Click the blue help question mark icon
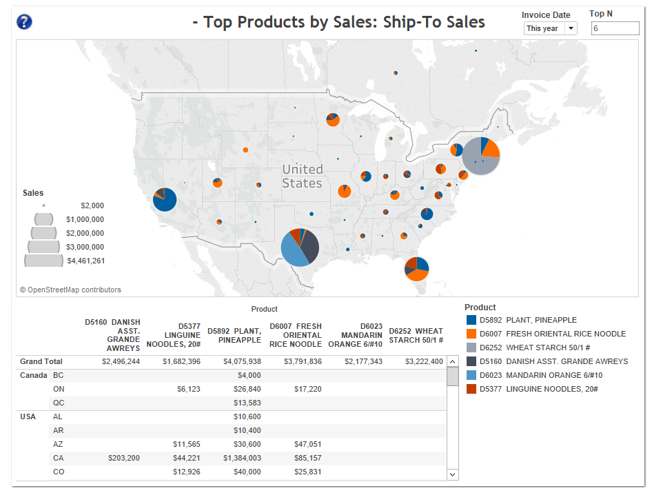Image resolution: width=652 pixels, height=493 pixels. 24,22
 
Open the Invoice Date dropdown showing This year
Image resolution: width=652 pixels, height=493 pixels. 550,28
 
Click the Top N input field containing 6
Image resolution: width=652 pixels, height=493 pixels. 615,28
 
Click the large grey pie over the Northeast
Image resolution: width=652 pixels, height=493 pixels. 480,157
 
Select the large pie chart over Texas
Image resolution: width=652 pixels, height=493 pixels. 300,248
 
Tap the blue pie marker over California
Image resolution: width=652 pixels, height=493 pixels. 164,199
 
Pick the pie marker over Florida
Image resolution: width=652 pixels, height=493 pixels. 416,268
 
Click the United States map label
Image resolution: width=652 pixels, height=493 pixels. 302,176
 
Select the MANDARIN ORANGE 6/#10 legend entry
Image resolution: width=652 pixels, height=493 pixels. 541,375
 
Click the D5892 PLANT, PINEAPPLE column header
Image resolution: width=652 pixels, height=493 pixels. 235,335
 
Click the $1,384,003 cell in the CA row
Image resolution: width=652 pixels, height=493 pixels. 242,458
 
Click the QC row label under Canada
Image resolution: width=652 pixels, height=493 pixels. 59,403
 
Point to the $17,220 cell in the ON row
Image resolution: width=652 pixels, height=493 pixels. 307,389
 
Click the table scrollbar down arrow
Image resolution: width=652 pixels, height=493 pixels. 453,474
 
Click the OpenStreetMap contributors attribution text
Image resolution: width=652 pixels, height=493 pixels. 70,290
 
